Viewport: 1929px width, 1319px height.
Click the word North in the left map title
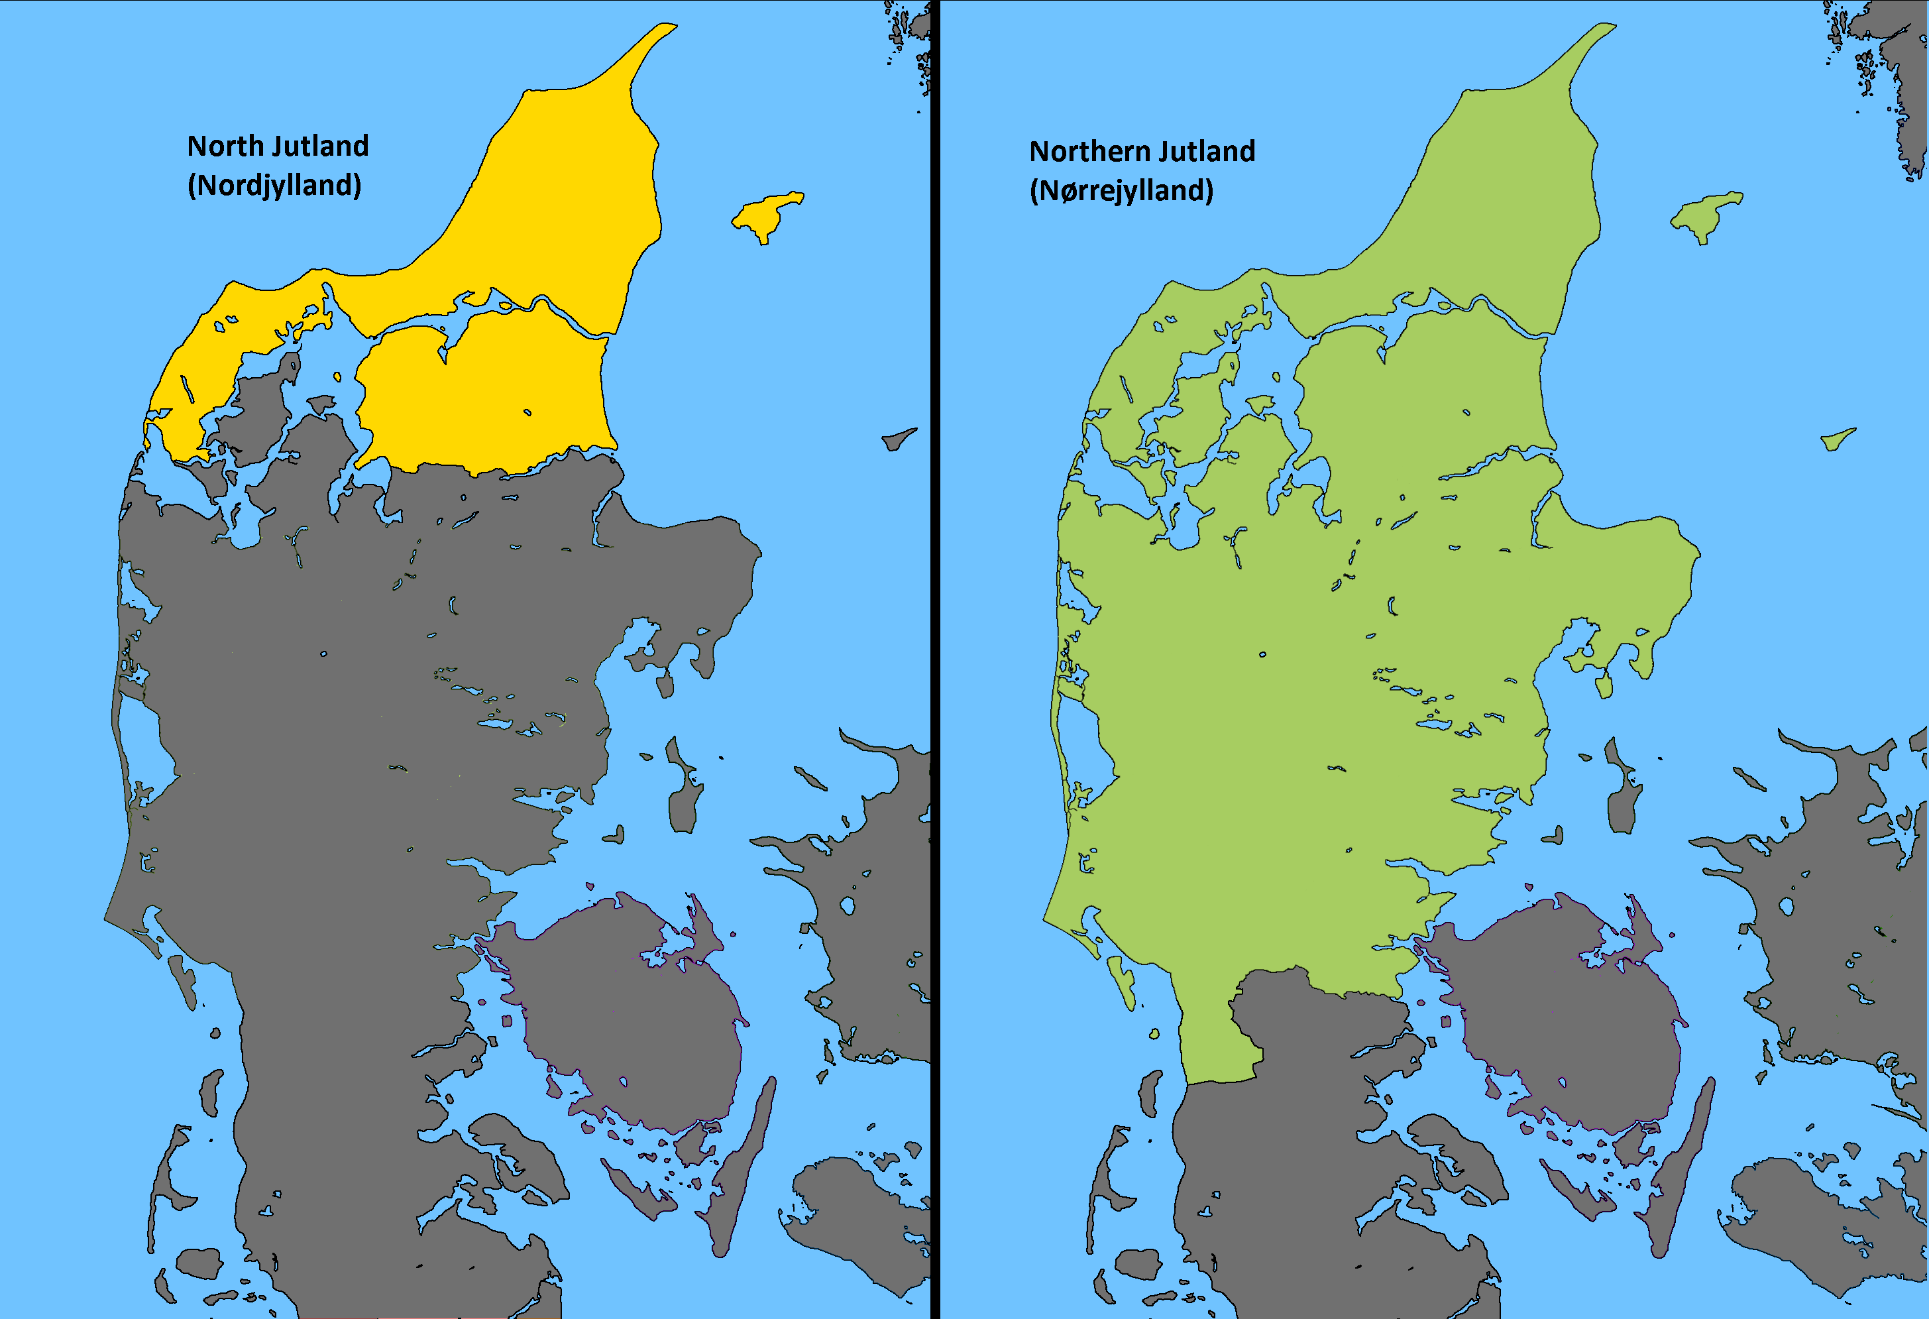click(225, 146)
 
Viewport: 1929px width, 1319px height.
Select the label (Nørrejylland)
click(1121, 191)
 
